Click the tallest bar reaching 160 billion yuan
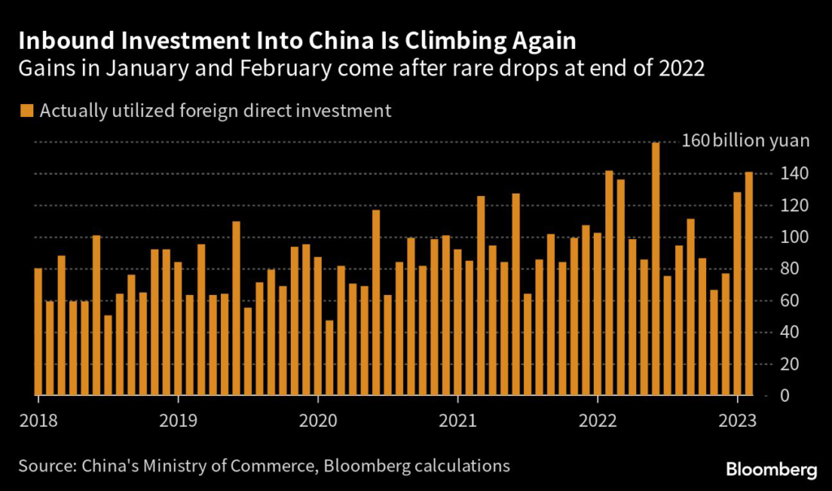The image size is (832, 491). click(656, 268)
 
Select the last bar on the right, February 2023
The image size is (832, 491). click(749, 284)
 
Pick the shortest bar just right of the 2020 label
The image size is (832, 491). click(329, 358)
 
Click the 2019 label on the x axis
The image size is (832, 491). click(178, 421)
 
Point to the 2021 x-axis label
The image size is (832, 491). click(458, 421)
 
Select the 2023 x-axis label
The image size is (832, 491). click(739, 421)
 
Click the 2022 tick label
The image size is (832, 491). click(598, 421)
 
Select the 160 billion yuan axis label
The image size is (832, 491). click(745, 141)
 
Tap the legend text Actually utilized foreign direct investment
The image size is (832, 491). click(214, 111)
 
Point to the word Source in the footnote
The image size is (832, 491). click(43, 466)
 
